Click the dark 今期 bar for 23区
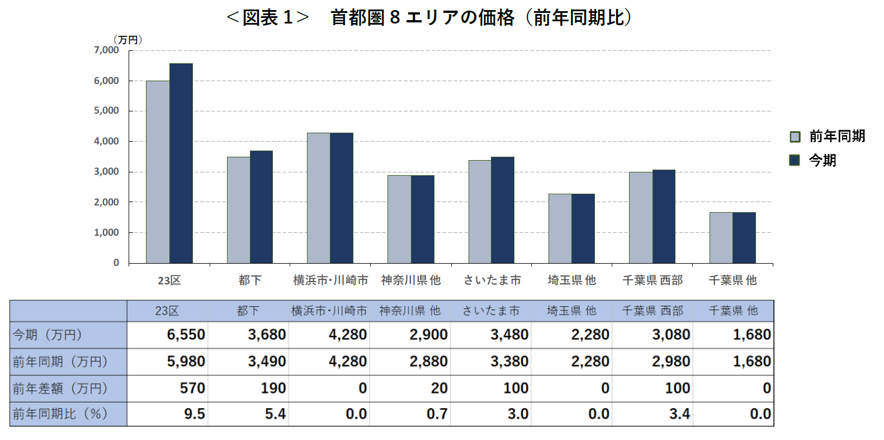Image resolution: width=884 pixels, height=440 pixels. click(x=181, y=163)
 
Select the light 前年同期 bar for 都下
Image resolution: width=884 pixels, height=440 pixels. click(x=238, y=210)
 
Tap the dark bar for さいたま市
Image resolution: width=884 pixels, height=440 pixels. click(x=502, y=210)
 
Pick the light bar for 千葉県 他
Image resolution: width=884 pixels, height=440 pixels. click(x=721, y=237)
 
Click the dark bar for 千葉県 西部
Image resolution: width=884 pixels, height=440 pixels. click(x=664, y=216)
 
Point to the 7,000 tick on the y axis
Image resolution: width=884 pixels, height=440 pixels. click(x=106, y=50)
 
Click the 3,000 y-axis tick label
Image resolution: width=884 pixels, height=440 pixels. click(x=106, y=171)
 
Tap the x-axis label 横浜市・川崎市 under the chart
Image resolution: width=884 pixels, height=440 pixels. click(x=330, y=280)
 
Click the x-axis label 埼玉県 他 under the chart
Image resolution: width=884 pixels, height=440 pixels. click(x=571, y=280)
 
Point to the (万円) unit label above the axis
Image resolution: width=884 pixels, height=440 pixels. click(x=127, y=39)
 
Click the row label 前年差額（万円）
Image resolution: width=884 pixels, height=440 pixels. click(x=60, y=388)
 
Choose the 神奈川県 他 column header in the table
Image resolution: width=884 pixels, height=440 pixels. click(x=410, y=311)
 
